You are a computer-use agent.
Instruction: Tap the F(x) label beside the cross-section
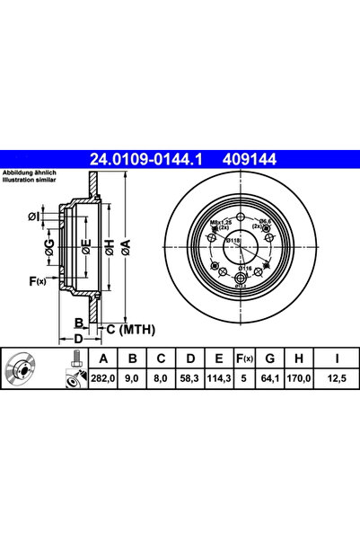(37, 280)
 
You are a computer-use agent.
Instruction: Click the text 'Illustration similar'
(31, 180)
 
